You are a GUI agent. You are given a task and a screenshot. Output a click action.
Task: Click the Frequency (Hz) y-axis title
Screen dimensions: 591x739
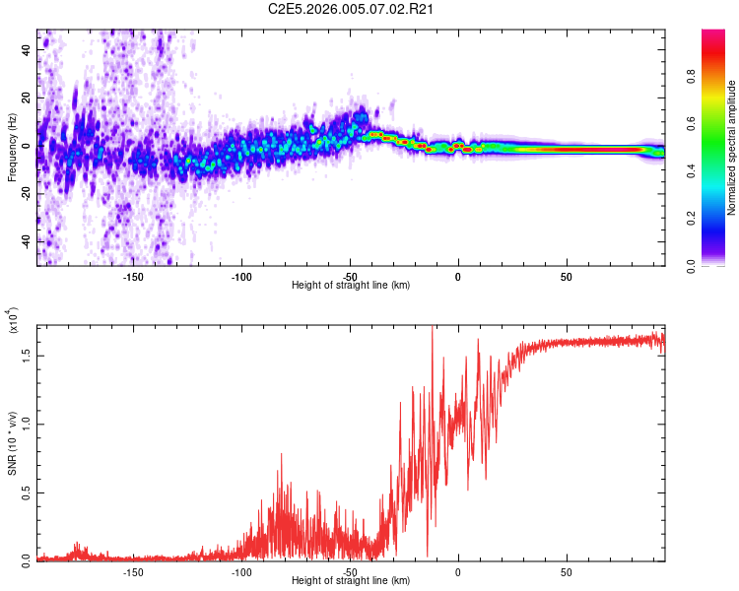coord(13,148)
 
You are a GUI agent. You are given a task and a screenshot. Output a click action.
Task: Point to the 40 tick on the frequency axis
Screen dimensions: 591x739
coord(28,49)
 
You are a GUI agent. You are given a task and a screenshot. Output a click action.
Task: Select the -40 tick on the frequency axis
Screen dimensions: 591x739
coord(28,241)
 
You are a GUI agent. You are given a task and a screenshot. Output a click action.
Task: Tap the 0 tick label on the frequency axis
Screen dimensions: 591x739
coord(28,146)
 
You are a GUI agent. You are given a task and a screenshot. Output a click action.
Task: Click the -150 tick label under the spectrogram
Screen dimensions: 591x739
coord(134,276)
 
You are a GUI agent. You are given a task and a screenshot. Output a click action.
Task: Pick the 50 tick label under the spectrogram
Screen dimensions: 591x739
coord(566,276)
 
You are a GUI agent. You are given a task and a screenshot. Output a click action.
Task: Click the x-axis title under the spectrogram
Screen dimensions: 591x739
coord(351,286)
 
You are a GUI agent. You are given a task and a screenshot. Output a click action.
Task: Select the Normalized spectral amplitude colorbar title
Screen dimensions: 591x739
coord(732,148)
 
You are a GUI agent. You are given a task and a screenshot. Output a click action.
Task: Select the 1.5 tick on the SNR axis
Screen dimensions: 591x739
coord(28,356)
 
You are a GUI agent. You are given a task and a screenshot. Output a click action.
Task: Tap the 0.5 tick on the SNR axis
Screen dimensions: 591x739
coord(28,492)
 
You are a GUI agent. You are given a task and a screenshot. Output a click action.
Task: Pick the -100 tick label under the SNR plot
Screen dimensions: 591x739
coord(242,571)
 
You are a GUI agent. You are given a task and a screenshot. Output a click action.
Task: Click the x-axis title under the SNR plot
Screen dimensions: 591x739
coord(351,581)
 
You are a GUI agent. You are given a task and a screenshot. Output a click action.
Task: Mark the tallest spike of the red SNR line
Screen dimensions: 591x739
coord(432,328)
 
